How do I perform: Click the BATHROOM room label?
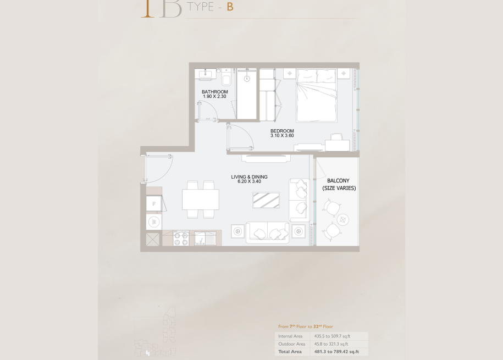(x=214, y=92)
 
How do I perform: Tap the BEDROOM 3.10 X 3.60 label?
(x=282, y=133)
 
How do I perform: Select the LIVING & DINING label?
(x=249, y=177)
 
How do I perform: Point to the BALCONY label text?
(x=338, y=181)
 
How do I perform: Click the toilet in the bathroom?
(x=226, y=78)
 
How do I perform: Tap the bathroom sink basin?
(x=205, y=74)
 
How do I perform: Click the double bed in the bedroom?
(x=317, y=95)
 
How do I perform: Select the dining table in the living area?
(x=201, y=200)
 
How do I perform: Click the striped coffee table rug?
(x=266, y=200)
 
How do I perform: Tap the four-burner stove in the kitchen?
(x=181, y=239)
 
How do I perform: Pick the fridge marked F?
(x=154, y=203)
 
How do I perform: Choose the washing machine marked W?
(x=154, y=221)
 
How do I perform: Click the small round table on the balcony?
(x=343, y=220)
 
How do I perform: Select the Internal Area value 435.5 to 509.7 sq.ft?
(x=332, y=336)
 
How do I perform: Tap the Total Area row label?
(x=290, y=352)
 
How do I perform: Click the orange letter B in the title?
(x=230, y=7)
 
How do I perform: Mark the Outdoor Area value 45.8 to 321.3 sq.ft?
(x=331, y=344)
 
